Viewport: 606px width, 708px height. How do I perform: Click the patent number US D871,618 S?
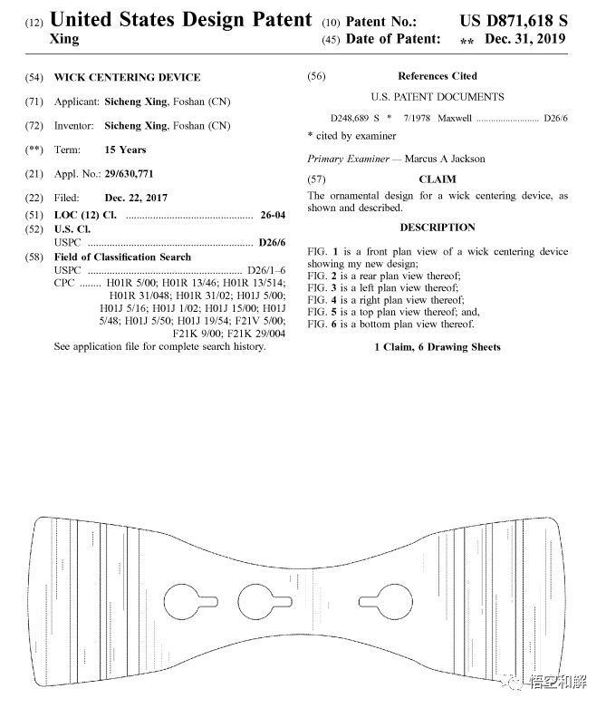pos(512,19)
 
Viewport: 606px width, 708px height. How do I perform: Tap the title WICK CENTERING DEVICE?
pos(127,77)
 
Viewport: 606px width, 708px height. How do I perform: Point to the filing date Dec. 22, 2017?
pos(136,198)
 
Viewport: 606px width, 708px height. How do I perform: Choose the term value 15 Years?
pos(125,150)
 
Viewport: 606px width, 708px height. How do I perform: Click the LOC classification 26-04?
pos(272,215)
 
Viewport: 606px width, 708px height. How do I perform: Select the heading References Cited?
pos(437,76)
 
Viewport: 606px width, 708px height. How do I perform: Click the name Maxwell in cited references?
pos(456,119)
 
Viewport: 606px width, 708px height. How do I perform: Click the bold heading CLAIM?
pos(438,179)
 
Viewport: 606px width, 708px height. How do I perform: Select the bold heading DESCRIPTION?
pos(438,228)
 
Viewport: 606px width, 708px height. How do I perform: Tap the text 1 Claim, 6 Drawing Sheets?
pos(437,347)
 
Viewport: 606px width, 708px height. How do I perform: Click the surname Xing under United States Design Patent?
pos(63,40)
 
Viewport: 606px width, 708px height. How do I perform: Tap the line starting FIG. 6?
pos(390,324)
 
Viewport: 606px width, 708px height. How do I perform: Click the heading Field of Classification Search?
pos(122,257)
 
